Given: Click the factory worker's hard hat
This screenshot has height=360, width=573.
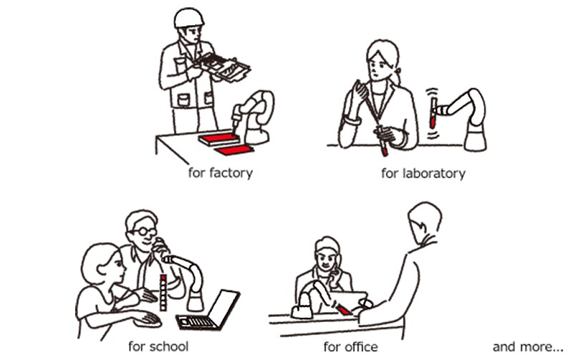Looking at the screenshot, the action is coord(188,19).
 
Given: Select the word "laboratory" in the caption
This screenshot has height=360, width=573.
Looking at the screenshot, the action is coord(434,173).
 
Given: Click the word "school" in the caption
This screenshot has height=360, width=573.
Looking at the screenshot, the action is coord(168,346).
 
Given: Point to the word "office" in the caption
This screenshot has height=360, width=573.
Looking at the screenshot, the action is coord(361,346).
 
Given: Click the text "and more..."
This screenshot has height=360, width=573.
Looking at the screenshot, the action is coord(528,346).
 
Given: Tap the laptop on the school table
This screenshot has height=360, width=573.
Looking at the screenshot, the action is coord(208,310).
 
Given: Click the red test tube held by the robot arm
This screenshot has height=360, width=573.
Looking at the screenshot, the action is coord(433,112).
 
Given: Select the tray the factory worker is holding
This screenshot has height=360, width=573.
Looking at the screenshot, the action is coord(223,67).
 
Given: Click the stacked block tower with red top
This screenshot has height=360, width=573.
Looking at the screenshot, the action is coord(163,293).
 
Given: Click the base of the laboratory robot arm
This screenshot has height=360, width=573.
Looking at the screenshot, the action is coord(476,138).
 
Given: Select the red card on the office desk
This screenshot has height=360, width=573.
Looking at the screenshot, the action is coord(345,310).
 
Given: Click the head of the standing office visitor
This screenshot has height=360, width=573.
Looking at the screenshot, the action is coord(425,222).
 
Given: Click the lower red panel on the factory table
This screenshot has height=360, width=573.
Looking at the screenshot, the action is coord(234,150).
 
